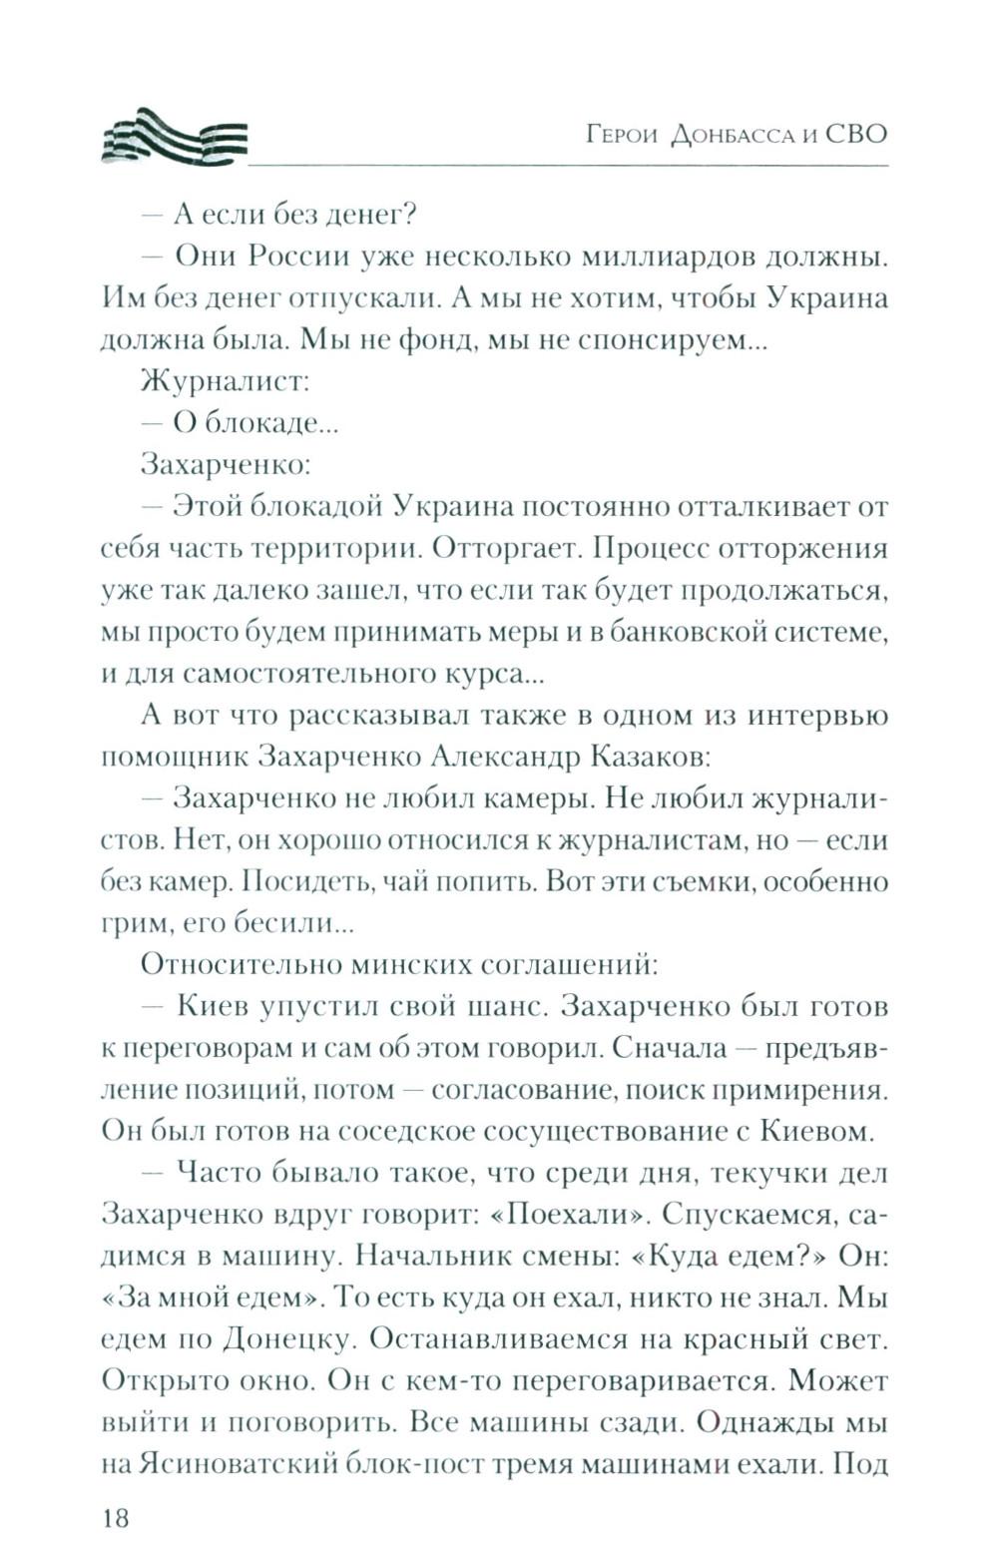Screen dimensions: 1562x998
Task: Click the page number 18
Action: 116,1518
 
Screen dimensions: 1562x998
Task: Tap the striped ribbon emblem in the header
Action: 174,135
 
